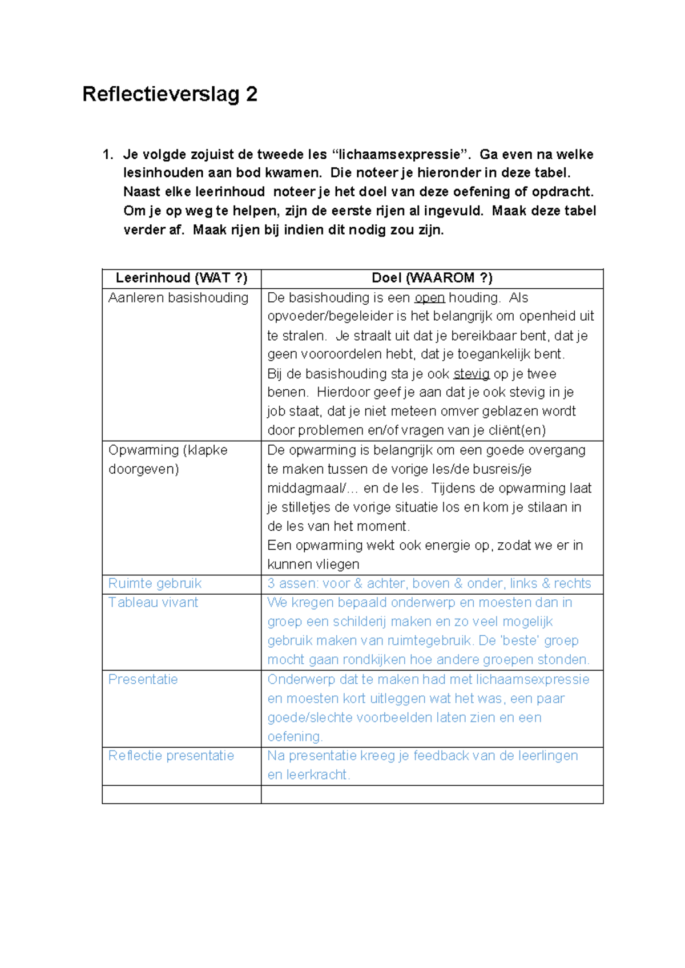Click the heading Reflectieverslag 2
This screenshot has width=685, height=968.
(x=170, y=94)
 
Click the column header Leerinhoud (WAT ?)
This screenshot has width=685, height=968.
(x=182, y=278)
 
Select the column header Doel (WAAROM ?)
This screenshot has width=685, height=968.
(x=432, y=278)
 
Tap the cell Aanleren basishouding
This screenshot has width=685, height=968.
(x=178, y=297)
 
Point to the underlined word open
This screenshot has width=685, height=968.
(x=429, y=297)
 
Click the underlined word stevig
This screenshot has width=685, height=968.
(x=471, y=374)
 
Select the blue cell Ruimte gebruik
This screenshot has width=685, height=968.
(x=155, y=583)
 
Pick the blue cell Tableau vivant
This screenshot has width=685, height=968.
(x=153, y=603)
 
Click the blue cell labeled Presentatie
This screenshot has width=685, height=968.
(x=143, y=679)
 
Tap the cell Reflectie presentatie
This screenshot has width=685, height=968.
(x=171, y=756)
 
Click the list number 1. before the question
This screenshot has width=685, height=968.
(x=108, y=155)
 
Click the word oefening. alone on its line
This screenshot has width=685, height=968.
(x=295, y=737)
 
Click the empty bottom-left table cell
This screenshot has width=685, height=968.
(x=182, y=794)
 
